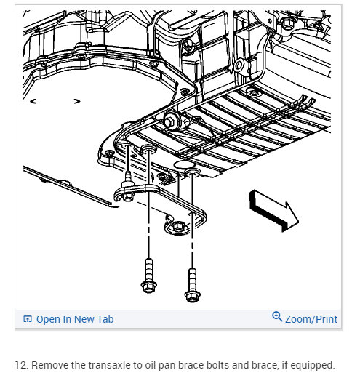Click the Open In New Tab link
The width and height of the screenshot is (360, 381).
tap(75, 319)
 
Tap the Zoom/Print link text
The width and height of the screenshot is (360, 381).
tap(311, 319)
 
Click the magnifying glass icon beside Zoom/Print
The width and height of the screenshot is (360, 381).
tap(277, 316)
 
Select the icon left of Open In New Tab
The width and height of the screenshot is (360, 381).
tap(28, 318)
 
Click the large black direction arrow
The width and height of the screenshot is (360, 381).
tap(274, 210)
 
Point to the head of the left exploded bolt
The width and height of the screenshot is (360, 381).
tap(149, 287)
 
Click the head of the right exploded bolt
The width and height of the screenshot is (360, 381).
tap(192, 297)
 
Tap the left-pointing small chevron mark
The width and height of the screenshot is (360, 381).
tap(33, 101)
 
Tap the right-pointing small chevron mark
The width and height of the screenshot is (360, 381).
tap(77, 101)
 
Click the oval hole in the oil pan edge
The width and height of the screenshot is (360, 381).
tap(181, 165)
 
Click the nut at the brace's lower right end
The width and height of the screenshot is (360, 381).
tap(178, 227)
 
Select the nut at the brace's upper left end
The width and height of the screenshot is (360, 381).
tap(127, 196)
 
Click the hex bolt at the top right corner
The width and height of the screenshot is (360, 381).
tap(288, 23)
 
